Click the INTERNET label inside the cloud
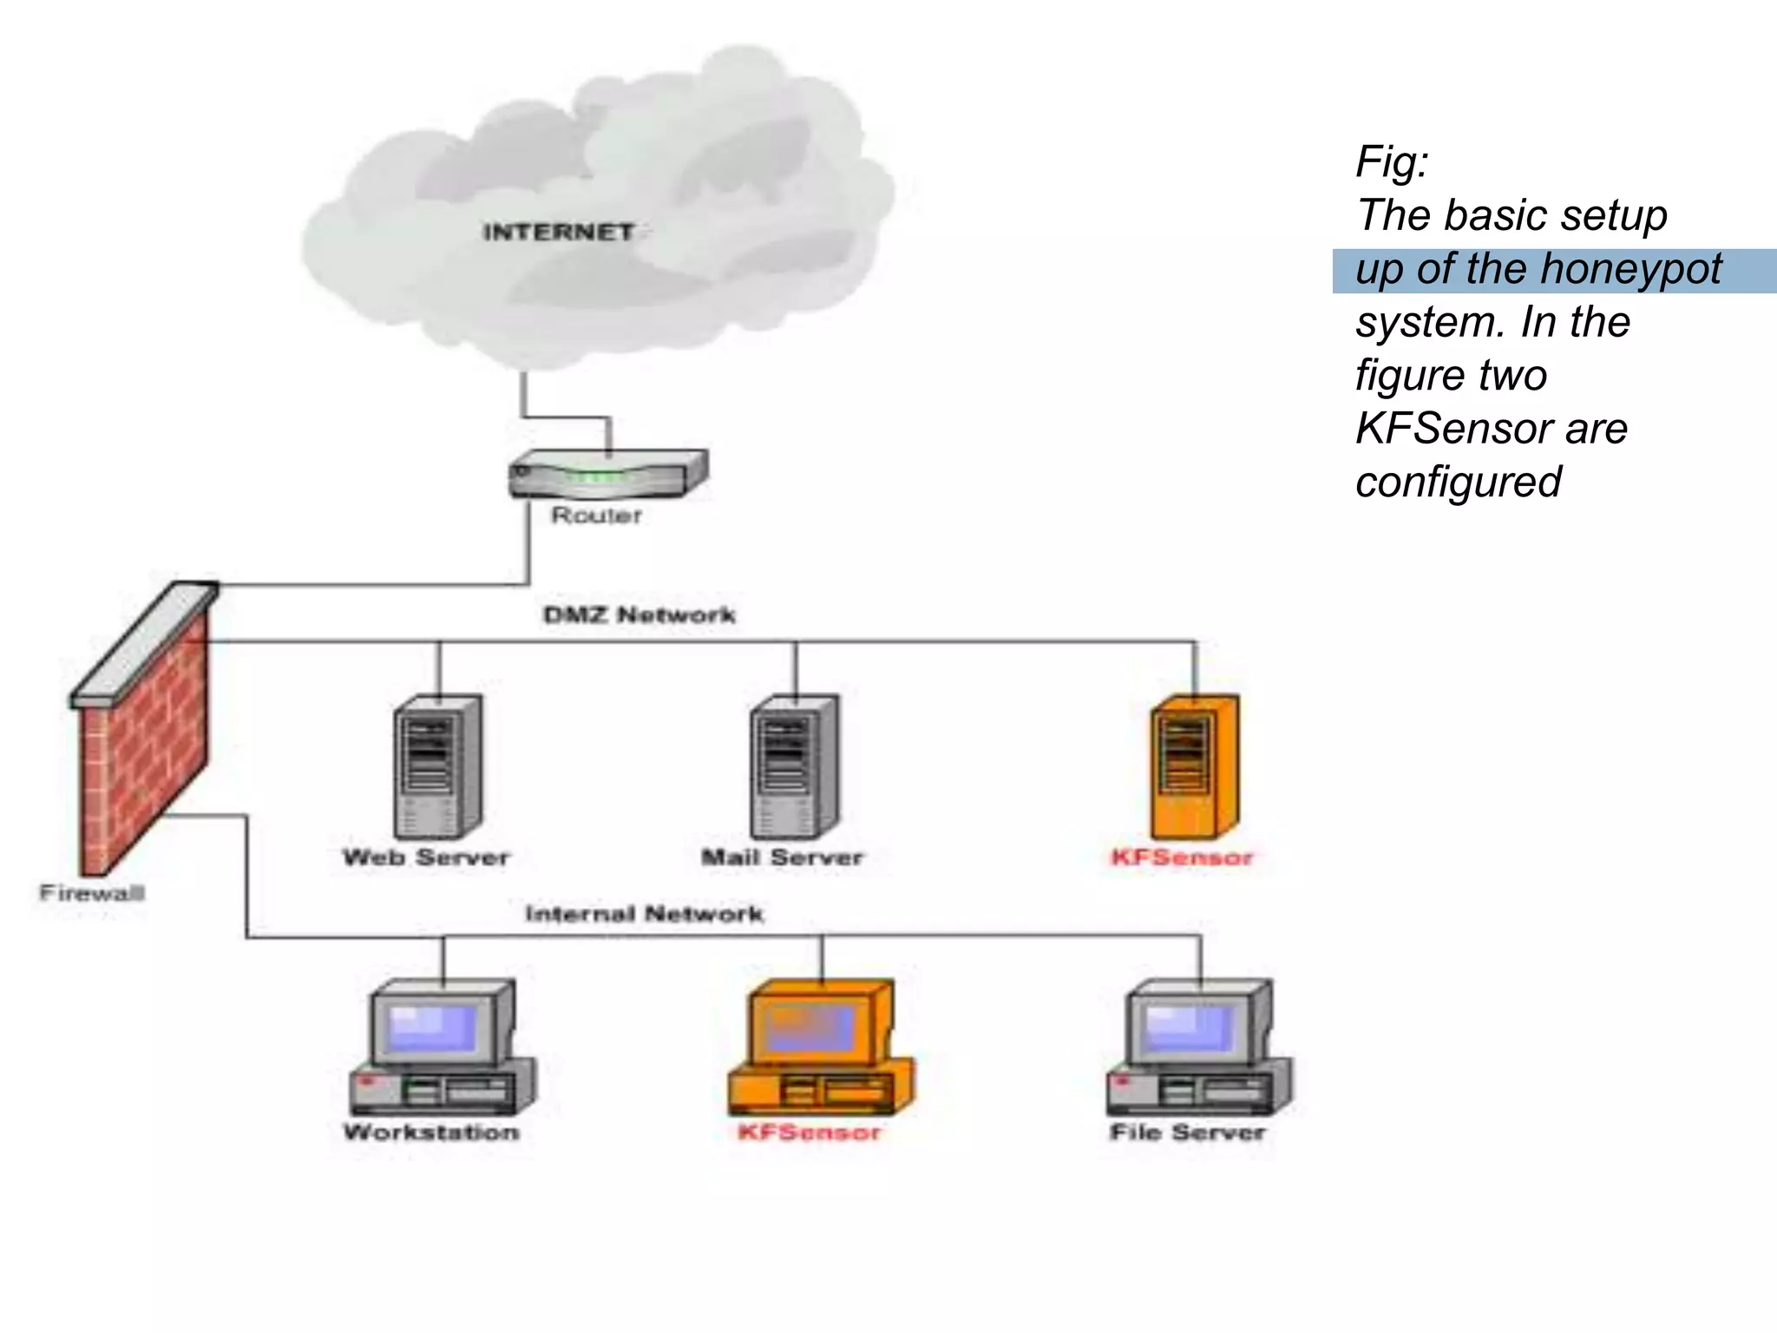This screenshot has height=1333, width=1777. tap(558, 233)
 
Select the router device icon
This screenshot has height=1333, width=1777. tap(608, 475)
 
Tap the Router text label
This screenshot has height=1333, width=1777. tap(597, 515)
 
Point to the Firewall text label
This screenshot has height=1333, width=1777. tap(92, 893)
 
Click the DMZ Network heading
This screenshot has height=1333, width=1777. tap(639, 615)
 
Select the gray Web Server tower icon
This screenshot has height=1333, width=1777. tap(438, 765)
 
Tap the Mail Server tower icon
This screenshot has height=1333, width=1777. tap(794, 765)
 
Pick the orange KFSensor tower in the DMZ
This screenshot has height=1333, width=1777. tap(1195, 765)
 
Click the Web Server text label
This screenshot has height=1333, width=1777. tap(426, 857)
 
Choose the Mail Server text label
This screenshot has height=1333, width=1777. tap(782, 857)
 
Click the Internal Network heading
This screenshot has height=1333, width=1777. tap(644, 914)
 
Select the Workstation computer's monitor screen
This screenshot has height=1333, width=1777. tap(432, 1028)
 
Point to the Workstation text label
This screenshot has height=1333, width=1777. tap(431, 1133)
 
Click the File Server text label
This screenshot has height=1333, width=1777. tap(1188, 1133)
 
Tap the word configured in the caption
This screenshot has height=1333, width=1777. tap(1459, 482)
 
